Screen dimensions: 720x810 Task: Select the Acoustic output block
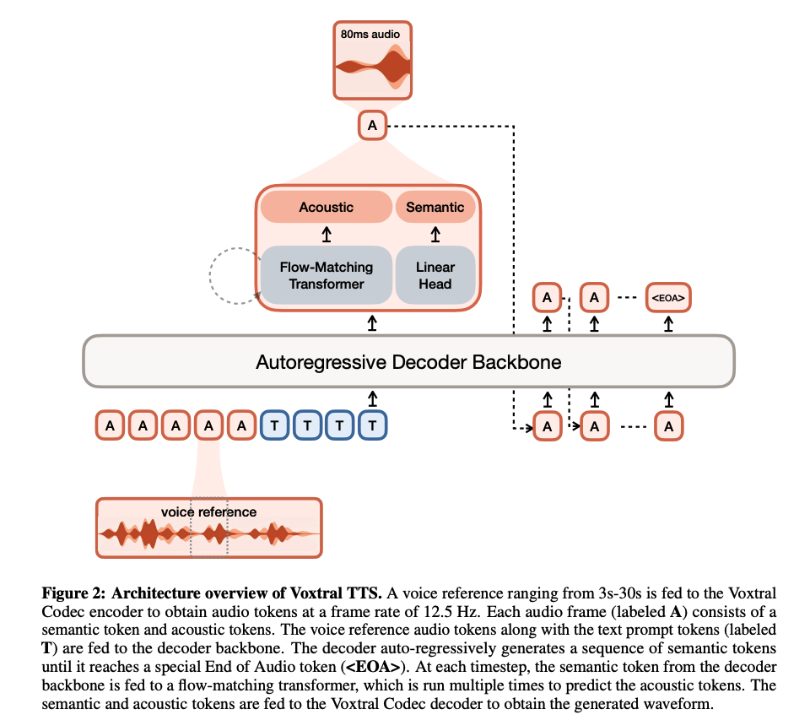(x=327, y=207)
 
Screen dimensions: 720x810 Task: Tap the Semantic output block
(x=435, y=207)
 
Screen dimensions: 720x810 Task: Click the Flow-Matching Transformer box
(x=327, y=275)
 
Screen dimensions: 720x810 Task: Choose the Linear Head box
(x=435, y=275)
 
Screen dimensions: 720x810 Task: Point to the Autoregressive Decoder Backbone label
(x=408, y=363)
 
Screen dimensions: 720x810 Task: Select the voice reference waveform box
(x=209, y=528)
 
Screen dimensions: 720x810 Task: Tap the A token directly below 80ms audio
(x=373, y=127)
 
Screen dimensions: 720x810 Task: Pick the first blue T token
(x=275, y=425)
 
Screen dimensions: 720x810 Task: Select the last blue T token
(x=372, y=425)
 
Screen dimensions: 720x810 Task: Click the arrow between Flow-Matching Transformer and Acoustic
(x=327, y=234)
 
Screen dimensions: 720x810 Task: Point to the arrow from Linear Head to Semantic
(x=435, y=234)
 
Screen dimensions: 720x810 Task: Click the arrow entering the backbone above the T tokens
(x=372, y=397)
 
